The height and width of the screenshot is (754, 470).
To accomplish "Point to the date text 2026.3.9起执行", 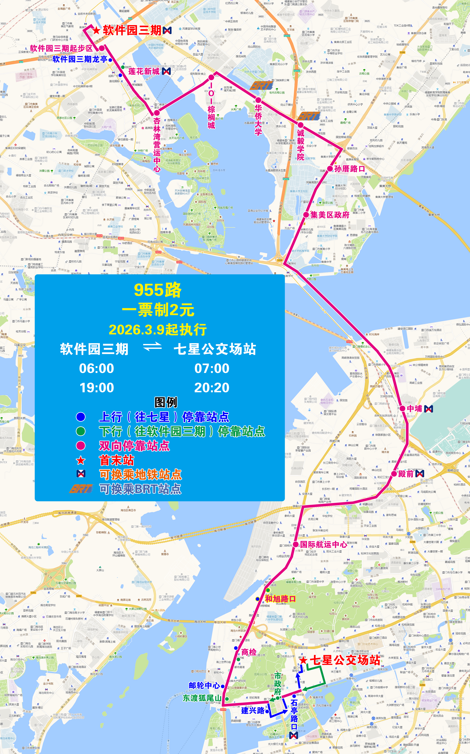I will click(158, 330).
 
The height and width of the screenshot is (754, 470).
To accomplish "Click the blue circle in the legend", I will click(81, 417).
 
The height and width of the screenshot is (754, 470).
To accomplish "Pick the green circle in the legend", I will click(81, 431).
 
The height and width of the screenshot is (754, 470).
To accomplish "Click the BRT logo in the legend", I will click(81, 488).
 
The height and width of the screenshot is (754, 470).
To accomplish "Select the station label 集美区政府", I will click(330, 215).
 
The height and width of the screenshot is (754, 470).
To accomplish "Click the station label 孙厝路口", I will click(349, 169).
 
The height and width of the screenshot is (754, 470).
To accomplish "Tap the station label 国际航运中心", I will click(324, 544).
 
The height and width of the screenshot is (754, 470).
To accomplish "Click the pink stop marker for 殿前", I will click(394, 474).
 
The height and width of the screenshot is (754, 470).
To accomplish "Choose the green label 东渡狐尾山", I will click(202, 698).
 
